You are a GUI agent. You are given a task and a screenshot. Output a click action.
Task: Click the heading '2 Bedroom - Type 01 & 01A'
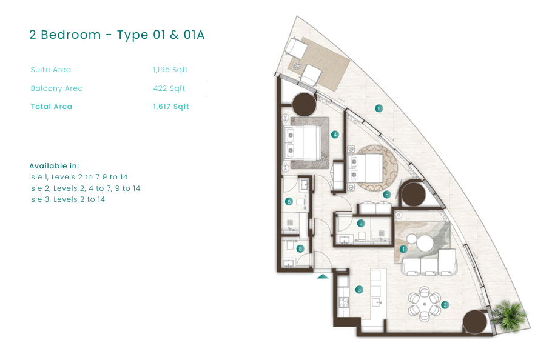[116, 35]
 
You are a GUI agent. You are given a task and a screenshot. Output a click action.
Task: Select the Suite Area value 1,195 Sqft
[170, 70]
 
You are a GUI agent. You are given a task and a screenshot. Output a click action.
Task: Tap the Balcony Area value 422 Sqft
[169, 88]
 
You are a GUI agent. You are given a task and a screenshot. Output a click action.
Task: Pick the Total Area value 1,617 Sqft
[171, 107]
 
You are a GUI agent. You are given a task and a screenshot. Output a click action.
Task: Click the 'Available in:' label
[54, 166]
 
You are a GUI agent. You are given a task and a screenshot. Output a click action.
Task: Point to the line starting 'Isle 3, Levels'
[67, 199]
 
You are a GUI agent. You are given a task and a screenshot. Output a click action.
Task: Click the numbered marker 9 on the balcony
[379, 108]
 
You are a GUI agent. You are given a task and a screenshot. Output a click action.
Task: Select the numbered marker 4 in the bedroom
[335, 135]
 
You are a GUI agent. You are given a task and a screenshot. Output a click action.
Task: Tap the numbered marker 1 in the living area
[403, 249]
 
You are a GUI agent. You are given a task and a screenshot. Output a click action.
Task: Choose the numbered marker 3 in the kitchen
[359, 290]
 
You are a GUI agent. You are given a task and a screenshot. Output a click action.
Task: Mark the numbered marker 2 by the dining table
[445, 305]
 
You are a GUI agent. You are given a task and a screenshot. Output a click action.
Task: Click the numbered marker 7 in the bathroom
[360, 223]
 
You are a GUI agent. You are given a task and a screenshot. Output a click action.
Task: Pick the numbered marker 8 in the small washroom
[300, 249]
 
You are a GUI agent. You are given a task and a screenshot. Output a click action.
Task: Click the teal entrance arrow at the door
[323, 277]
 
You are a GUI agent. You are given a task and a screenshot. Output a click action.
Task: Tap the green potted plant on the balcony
[509, 315]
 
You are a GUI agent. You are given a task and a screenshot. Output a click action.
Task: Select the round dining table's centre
[425, 304]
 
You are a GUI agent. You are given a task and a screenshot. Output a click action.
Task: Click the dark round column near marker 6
[414, 194]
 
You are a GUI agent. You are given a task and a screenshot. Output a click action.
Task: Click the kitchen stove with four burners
[343, 302]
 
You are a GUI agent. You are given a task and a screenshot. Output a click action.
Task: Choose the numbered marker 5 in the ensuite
[289, 201]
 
